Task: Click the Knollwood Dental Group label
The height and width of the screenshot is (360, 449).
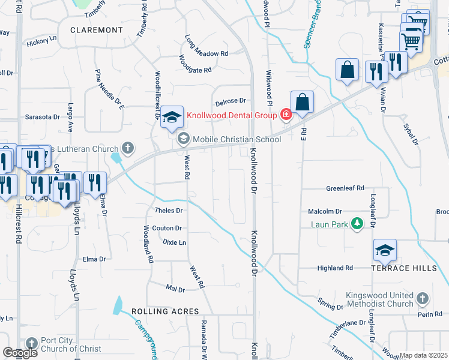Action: coord(231,115)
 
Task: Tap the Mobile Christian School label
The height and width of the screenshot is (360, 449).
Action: coord(237,139)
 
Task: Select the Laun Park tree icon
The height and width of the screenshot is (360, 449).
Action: coord(357,224)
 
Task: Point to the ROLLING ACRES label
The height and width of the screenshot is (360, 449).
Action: coord(165,311)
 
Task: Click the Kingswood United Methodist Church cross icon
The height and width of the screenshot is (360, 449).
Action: coord(423,298)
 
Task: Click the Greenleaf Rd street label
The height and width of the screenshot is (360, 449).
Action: coord(345,188)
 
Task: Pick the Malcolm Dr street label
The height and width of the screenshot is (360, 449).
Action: coord(325,211)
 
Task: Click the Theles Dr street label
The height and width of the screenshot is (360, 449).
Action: coord(169,211)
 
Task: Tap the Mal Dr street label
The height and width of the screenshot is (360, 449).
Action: coord(175,289)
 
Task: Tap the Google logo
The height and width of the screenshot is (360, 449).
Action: coord(20,353)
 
